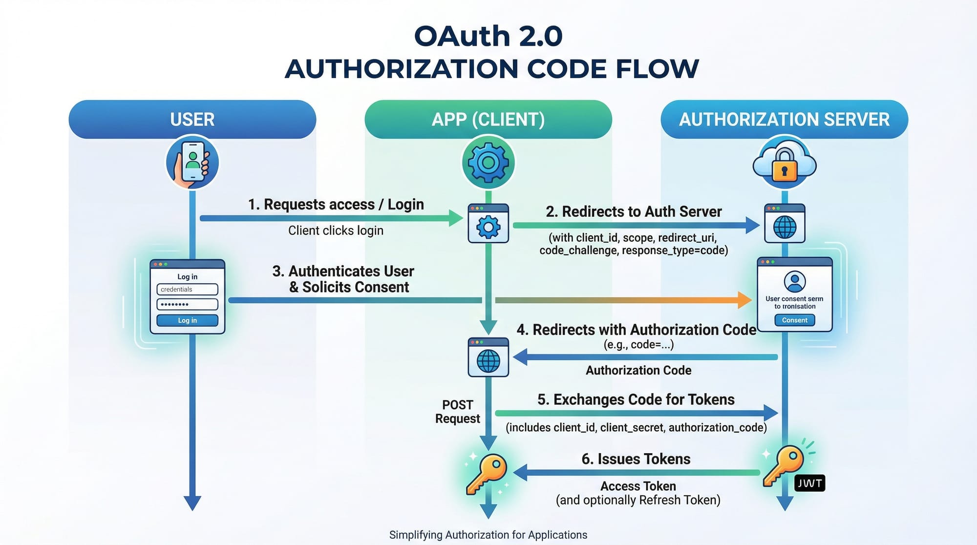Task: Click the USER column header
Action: click(x=192, y=119)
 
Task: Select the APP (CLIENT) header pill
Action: click(x=488, y=119)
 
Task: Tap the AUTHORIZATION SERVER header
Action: click(x=784, y=119)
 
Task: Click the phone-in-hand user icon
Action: click(x=192, y=163)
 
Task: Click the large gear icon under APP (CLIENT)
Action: click(x=488, y=162)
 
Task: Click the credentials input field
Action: click(x=187, y=289)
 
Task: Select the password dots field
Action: click(x=187, y=304)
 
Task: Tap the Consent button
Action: click(x=795, y=320)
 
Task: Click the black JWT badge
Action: click(x=809, y=483)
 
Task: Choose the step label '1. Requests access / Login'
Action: click(x=336, y=204)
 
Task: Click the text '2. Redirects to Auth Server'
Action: click(x=634, y=211)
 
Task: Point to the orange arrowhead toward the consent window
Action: click(x=744, y=300)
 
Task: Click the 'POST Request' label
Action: click(x=458, y=412)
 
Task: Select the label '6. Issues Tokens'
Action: click(x=636, y=459)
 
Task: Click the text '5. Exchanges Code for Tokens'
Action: click(x=636, y=399)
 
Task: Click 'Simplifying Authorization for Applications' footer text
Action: click(x=488, y=535)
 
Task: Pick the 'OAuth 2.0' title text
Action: click(x=488, y=36)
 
